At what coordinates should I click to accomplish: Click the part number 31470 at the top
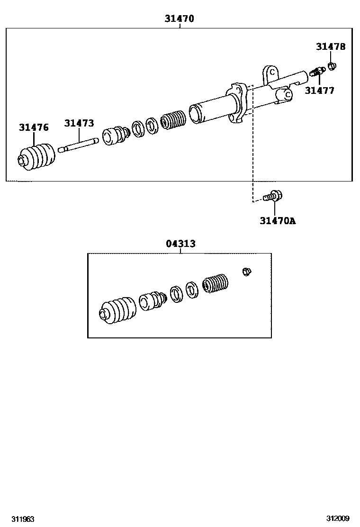point(180,19)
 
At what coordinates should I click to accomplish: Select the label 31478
point(331,46)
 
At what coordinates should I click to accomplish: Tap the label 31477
point(319,91)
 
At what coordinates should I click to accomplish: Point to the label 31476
point(34,127)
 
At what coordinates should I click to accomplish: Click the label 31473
point(79,123)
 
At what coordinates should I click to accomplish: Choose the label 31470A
point(278,220)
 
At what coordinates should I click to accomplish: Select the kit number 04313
point(180,244)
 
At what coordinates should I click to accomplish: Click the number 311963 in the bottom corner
point(23,519)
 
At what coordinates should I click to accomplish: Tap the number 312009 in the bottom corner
point(337,519)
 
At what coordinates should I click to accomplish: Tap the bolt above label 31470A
point(273,195)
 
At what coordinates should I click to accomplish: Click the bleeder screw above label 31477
point(316,72)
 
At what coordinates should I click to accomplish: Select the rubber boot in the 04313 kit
point(117,311)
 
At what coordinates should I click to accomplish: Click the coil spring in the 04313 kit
point(216,284)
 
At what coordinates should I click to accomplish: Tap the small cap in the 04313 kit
point(246,271)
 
